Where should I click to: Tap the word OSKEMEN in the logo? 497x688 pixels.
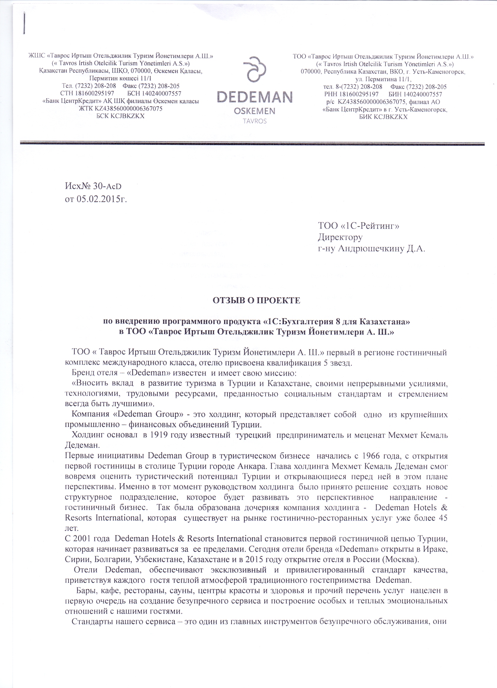[x=254, y=111]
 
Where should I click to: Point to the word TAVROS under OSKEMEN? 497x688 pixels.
[x=254, y=121]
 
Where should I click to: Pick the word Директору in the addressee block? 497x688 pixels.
[x=340, y=237]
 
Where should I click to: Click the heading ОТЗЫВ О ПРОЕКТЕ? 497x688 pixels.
[x=256, y=300]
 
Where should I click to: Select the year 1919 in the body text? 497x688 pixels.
[x=158, y=435]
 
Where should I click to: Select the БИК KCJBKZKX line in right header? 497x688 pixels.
[x=383, y=117]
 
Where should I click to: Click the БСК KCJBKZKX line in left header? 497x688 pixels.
[x=120, y=116]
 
